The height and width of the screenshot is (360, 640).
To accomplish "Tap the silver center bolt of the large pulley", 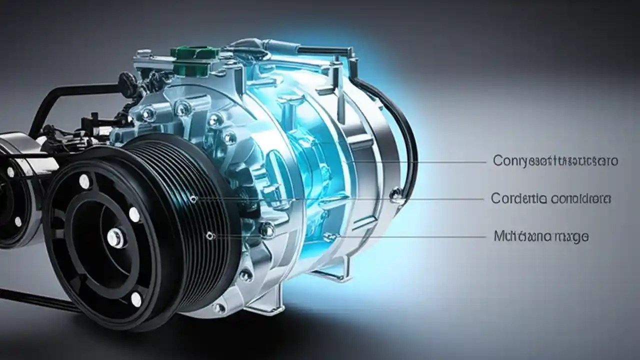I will coord(115,237).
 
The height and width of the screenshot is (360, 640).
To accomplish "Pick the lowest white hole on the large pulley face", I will coord(136,299).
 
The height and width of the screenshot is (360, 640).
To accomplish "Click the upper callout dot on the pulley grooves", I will coord(193,199).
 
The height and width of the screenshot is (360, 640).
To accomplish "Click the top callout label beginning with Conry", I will coord(555,161).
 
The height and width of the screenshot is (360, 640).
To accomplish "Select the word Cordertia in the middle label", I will coord(517,198).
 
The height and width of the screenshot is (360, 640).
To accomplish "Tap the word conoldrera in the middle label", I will coord(580,198).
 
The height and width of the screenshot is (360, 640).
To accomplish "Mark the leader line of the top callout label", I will coord(425,161).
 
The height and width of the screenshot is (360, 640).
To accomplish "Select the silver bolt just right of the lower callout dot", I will coord(267,230).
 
